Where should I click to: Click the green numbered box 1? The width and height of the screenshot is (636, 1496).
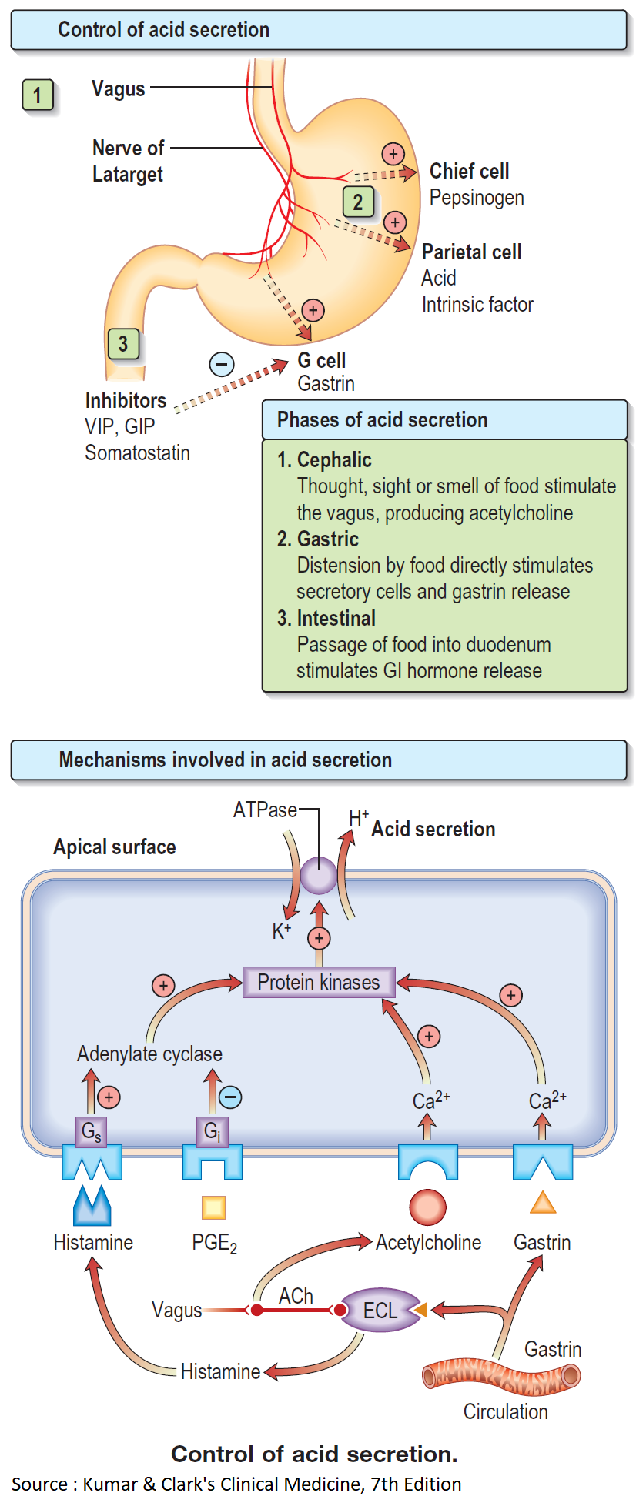(37, 95)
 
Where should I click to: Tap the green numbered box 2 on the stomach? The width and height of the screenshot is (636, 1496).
(358, 202)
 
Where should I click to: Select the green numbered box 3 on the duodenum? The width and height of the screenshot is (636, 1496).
(123, 343)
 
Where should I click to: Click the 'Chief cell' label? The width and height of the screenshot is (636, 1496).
(469, 171)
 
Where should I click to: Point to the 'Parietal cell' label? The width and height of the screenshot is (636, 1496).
(471, 252)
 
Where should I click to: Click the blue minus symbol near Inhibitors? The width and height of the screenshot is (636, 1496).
(222, 364)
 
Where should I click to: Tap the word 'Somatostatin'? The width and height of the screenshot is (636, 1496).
(137, 452)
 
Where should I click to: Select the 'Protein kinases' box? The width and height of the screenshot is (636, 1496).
(319, 982)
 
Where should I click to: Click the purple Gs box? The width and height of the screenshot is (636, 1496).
(91, 1131)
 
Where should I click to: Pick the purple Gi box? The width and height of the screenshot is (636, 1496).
(212, 1131)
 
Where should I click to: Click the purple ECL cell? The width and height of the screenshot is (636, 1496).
(380, 1311)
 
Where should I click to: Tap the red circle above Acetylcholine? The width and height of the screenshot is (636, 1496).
(428, 1207)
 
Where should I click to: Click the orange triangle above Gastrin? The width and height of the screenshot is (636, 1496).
(543, 1204)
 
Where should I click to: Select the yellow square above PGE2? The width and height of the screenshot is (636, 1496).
(213, 1207)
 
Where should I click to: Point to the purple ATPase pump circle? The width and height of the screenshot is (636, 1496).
(318, 876)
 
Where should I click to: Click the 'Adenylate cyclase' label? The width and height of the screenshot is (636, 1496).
(149, 1054)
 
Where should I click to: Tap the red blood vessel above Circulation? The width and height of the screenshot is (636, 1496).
(501, 1376)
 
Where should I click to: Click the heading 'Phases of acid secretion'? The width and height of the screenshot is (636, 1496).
(383, 419)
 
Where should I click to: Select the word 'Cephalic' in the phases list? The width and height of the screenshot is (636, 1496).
(334, 460)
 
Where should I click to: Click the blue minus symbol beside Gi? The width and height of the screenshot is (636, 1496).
(230, 1097)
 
